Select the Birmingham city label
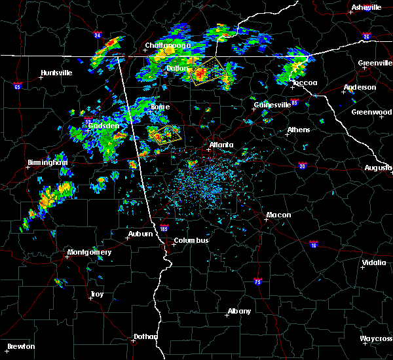point(47,162)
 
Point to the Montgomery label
point(90,252)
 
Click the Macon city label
point(278,215)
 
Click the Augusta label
point(378,168)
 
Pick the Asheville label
point(366,7)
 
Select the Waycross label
point(377,338)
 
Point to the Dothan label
point(146,336)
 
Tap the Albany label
point(238,311)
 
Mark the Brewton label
point(22,346)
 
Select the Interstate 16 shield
point(313,244)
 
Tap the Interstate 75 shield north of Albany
point(258,281)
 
